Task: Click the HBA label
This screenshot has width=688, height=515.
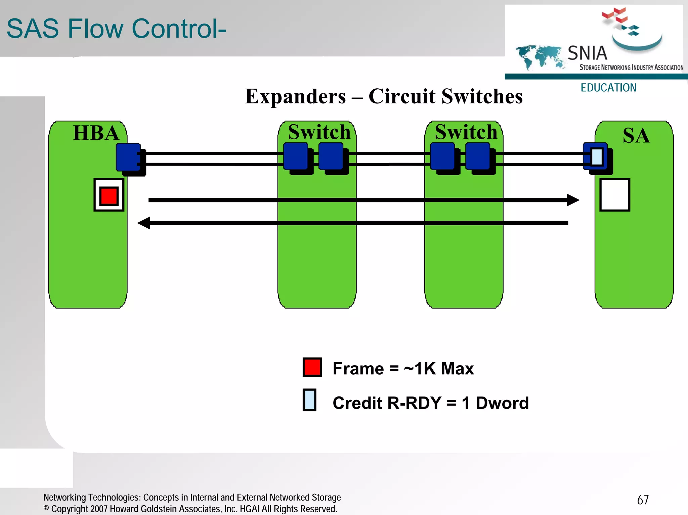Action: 96,133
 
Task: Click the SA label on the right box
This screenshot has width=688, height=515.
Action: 636,136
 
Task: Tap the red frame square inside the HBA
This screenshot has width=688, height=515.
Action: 109,196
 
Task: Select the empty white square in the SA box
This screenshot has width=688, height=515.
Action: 614,195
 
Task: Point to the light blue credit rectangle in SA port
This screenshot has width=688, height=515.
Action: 597,157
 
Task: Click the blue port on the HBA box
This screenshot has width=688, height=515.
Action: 128,157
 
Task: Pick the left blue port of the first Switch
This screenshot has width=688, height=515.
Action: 296,156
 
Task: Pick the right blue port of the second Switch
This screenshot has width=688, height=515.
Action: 478,156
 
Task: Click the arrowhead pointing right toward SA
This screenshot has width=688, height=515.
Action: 572,200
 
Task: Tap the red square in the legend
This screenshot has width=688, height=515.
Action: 312,367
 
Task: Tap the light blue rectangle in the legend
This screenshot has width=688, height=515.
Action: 309,400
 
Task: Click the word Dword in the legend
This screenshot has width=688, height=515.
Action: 502,403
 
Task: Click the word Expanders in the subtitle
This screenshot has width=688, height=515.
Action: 295,97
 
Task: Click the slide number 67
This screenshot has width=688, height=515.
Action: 643,500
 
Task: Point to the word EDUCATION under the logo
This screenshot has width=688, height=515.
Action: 608,88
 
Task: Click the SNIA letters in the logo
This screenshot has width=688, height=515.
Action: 587,53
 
